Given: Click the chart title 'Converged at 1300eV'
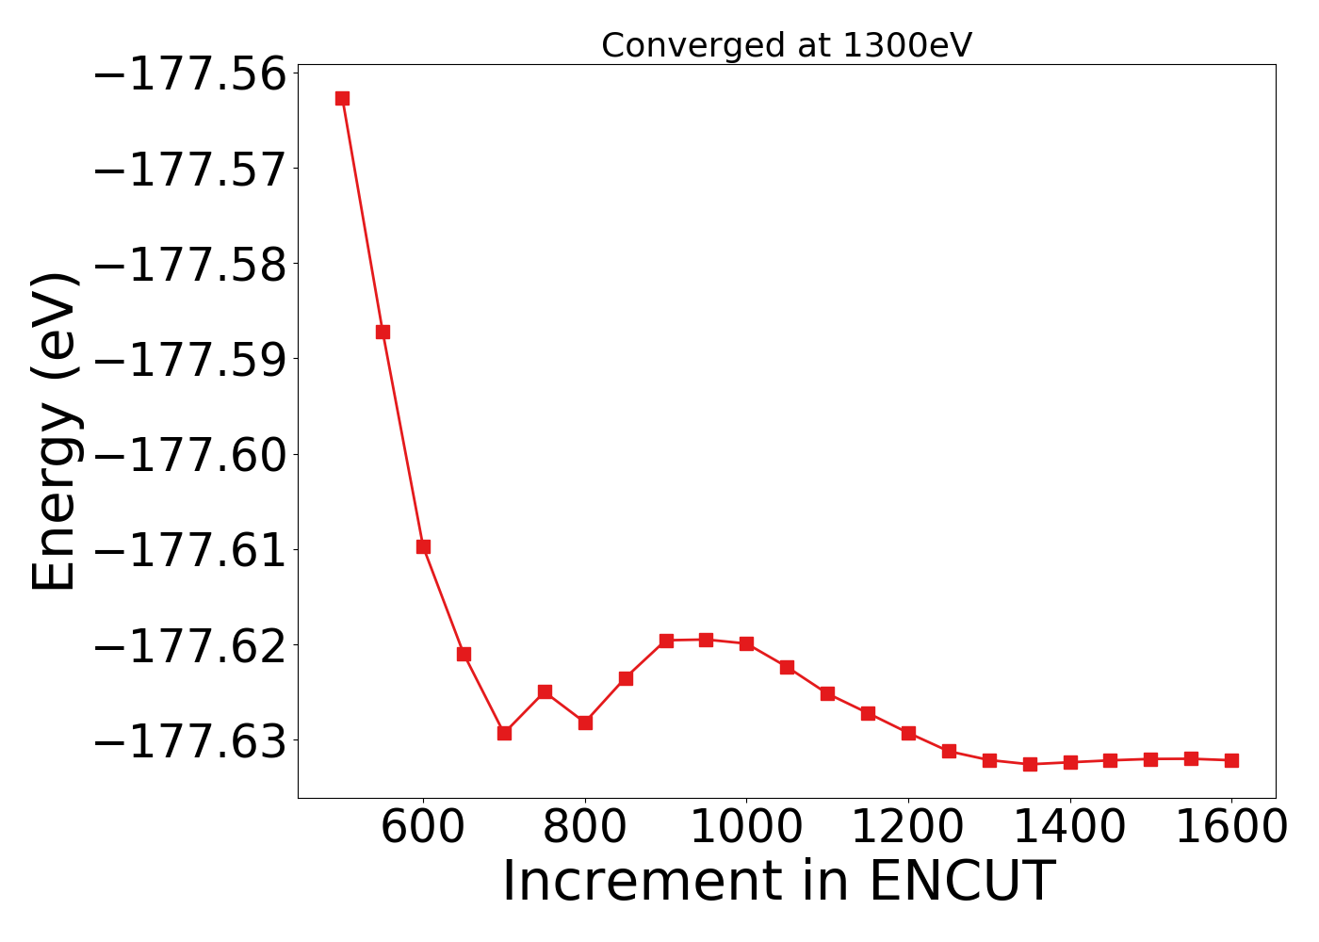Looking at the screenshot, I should click(786, 45).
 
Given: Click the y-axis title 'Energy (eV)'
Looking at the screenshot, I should click(55, 431).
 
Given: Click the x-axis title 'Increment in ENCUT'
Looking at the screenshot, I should click(778, 882).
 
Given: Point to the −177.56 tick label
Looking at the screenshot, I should click(188, 73).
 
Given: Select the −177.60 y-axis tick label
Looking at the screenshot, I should click(188, 454).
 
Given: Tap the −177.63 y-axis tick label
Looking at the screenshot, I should click(188, 740).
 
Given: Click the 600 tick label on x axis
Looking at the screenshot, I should click(423, 827).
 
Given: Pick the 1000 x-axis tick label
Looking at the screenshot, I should click(746, 827).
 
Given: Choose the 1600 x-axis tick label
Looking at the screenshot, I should click(1231, 827).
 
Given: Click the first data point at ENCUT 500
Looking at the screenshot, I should click(342, 98).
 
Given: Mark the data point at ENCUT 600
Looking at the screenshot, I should click(423, 546).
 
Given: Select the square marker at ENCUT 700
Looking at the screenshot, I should click(504, 733).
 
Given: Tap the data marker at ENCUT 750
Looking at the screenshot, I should click(545, 691).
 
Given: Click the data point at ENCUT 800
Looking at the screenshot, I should click(585, 723).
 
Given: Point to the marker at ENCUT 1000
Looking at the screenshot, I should click(746, 643).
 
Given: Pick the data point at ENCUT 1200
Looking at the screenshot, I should click(908, 733).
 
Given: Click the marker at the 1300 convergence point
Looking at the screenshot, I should click(989, 760).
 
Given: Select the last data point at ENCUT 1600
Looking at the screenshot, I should click(1231, 760).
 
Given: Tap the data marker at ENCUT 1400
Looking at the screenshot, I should click(1070, 762).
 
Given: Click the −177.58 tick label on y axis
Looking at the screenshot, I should click(188, 264).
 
